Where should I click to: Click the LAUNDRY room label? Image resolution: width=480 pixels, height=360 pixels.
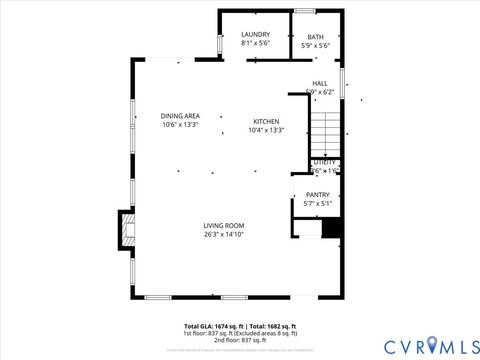(x=255, y=35)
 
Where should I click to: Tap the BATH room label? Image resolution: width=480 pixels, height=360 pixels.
(x=315, y=37)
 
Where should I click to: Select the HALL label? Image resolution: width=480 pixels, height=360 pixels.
(x=319, y=83)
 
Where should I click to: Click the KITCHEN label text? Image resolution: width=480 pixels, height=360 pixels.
(x=265, y=120)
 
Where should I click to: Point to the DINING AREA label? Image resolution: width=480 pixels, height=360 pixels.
(x=180, y=116)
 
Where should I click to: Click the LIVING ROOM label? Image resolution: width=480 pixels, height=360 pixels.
(x=224, y=226)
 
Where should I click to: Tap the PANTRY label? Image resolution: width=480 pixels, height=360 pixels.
(x=317, y=195)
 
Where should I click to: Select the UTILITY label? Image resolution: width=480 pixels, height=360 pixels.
(x=325, y=162)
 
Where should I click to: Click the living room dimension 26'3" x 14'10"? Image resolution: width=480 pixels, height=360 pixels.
(x=224, y=236)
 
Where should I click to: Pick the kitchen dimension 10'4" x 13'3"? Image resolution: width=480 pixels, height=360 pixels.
(x=265, y=130)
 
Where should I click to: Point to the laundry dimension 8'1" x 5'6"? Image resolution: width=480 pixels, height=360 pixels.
(x=255, y=44)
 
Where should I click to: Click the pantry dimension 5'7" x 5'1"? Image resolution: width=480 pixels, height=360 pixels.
(x=317, y=204)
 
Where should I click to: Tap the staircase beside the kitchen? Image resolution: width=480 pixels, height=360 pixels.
(x=325, y=128)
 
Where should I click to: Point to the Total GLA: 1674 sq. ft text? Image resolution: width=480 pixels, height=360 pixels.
(x=213, y=327)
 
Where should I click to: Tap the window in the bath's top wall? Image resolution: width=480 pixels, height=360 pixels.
(x=305, y=11)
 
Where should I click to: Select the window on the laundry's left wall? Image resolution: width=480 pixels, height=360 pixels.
(x=219, y=44)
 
